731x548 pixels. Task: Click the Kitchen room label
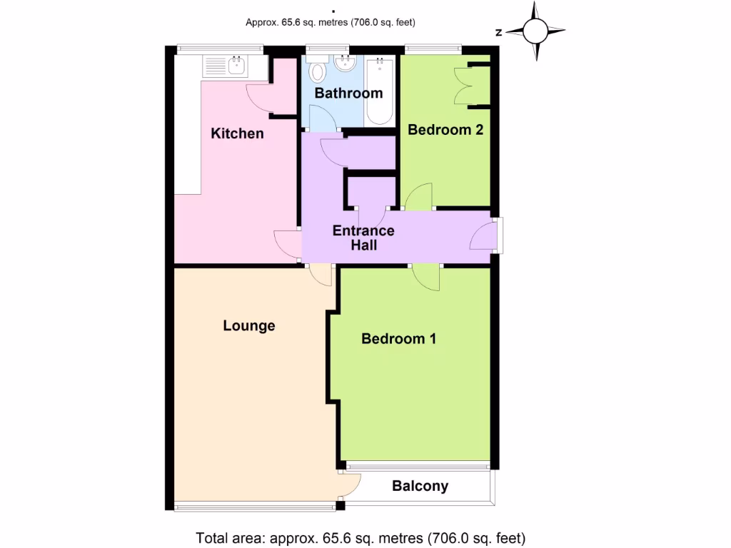(238, 133)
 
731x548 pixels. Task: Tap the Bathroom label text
(348, 93)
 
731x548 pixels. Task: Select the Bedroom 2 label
(445, 130)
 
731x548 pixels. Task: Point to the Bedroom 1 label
(398, 338)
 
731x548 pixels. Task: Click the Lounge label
(249, 325)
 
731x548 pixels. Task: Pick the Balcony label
(420, 486)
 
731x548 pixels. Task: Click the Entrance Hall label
(363, 238)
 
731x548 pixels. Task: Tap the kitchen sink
(236, 68)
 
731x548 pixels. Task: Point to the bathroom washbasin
(346, 66)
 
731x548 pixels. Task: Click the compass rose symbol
(535, 31)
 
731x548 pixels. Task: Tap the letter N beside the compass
(499, 32)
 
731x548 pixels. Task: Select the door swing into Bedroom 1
(426, 277)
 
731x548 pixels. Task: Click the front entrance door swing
(483, 235)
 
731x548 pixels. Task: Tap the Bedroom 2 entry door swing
(420, 197)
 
